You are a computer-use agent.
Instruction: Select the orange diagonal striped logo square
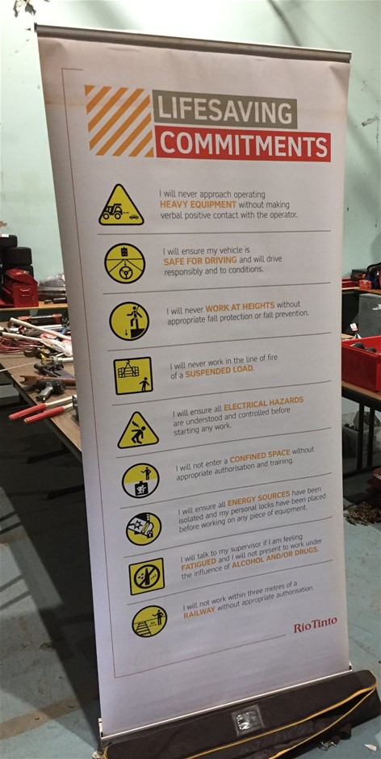click(x=118, y=121)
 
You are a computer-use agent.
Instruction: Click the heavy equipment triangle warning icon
click(x=121, y=207)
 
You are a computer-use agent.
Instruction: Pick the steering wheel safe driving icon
click(x=124, y=263)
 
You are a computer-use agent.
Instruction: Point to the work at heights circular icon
click(x=129, y=321)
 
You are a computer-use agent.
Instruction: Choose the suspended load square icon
click(x=133, y=375)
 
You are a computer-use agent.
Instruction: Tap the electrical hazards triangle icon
click(x=137, y=430)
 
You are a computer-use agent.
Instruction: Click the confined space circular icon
click(x=140, y=480)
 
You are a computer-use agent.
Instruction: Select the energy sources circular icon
click(x=144, y=528)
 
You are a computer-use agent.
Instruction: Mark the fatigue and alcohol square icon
click(x=147, y=576)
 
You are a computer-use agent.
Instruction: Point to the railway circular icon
click(x=149, y=622)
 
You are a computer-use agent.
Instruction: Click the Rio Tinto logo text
click(x=315, y=626)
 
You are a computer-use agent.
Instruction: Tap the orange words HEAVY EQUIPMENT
click(x=194, y=205)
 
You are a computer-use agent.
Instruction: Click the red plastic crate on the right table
click(x=362, y=363)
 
